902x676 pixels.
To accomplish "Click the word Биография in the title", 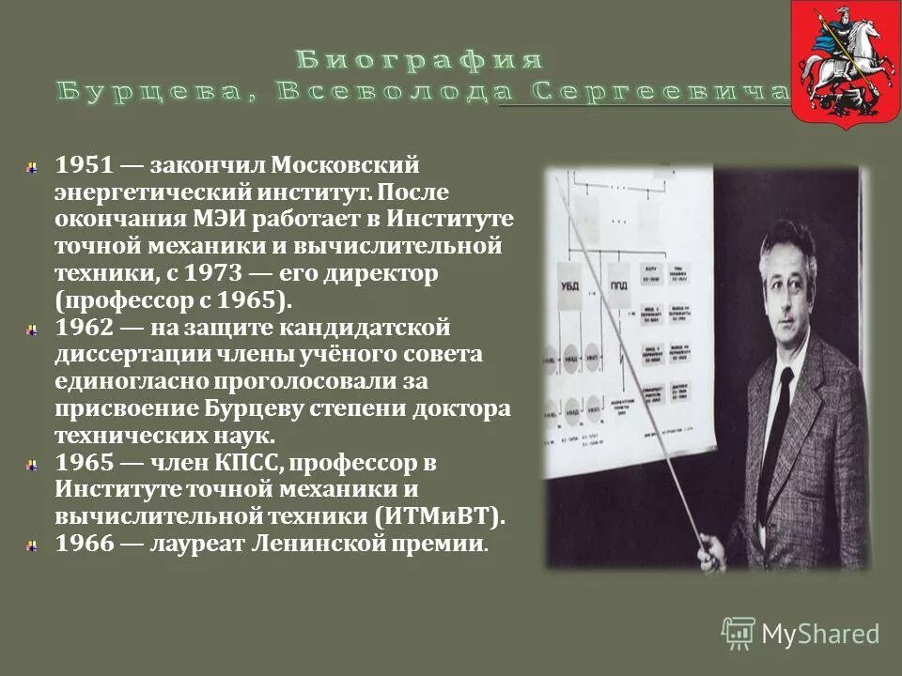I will click(x=420, y=61).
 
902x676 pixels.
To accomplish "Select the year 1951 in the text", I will click(x=86, y=166).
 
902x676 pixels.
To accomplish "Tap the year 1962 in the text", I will click(x=86, y=329).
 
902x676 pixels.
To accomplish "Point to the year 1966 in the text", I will click(x=86, y=545).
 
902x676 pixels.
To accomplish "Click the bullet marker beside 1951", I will click(x=33, y=166).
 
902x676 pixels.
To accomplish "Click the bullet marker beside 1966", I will click(x=33, y=545).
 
